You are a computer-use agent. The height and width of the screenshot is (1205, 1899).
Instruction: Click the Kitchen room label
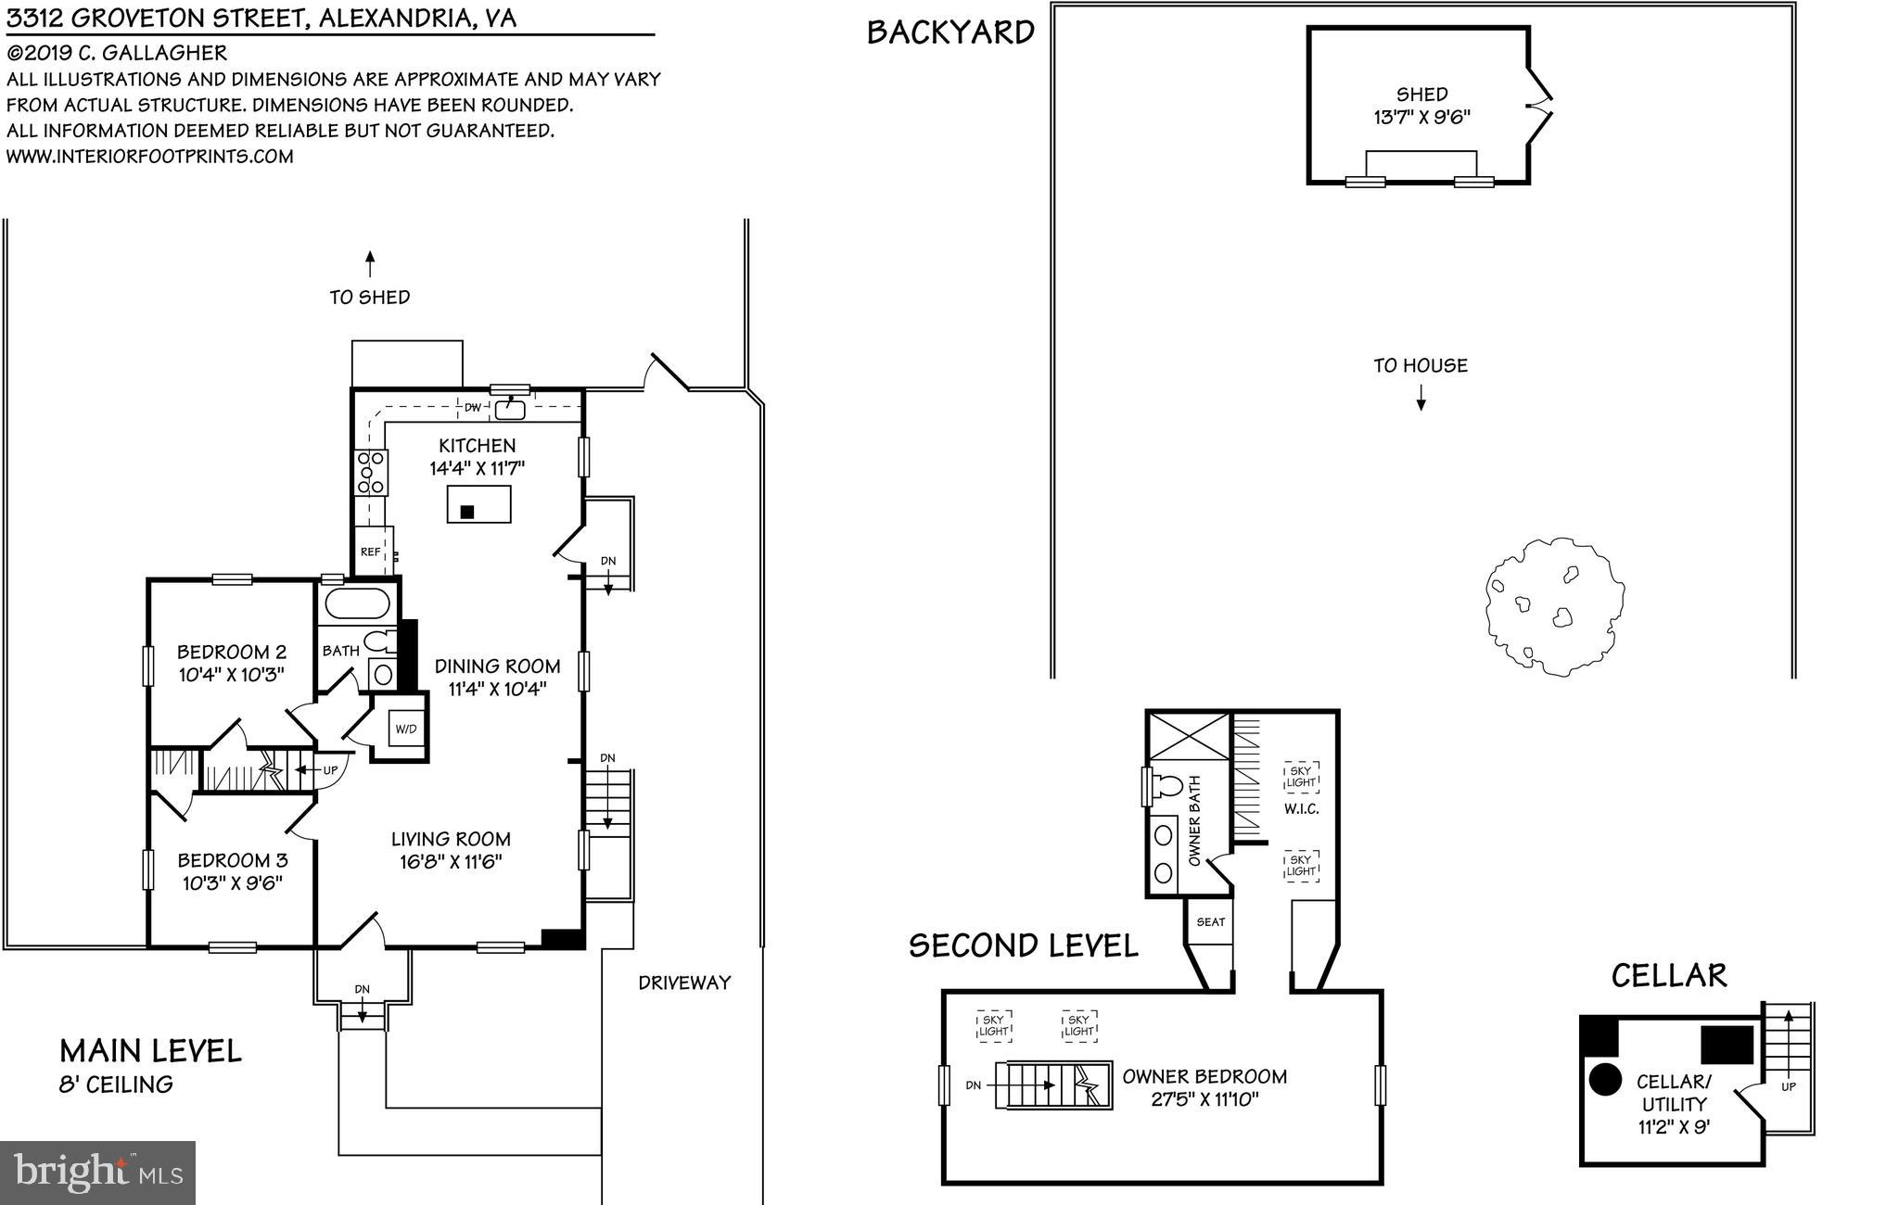coord(478,446)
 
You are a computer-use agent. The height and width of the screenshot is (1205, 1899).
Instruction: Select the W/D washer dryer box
coord(406,729)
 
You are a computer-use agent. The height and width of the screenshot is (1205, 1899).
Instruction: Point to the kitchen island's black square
coord(467,512)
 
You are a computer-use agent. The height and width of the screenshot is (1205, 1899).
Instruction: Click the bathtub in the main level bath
coord(359,603)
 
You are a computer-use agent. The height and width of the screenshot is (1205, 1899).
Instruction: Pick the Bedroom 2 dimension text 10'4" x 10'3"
coord(232,674)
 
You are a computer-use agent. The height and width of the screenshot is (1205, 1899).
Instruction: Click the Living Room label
coord(451,839)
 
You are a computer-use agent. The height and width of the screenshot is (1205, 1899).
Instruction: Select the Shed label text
coord(1421,95)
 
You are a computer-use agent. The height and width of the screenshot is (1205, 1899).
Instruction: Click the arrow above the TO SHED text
coord(370,264)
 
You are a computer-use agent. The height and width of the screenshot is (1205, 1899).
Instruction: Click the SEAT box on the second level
coord(1210,921)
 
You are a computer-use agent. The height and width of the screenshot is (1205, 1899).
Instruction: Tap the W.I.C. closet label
coord(1301,809)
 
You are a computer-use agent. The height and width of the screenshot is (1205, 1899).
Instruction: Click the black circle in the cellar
coord(1605,1079)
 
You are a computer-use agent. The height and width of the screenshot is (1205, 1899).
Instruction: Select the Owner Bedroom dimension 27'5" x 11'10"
coord(1204,1100)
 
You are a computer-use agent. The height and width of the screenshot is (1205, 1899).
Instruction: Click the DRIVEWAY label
coord(684,983)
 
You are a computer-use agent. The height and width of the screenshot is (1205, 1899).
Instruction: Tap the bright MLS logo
coord(97,1173)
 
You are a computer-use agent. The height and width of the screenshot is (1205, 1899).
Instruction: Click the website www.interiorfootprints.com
coord(149,157)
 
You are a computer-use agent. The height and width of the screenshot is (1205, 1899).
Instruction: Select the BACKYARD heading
coord(950,32)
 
